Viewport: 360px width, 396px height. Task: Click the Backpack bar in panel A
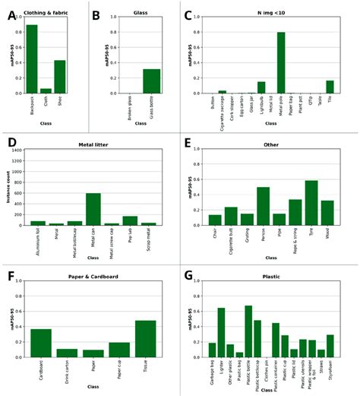[32, 59]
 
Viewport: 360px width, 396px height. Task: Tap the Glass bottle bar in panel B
[152, 81]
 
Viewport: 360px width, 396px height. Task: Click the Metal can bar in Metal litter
[93, 209]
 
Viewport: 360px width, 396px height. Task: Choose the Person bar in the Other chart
[263, 206]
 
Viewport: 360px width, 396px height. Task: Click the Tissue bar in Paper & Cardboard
[146, 339]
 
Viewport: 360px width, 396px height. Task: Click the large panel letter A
[11, 14]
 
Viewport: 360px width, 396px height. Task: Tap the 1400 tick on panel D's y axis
[17, 150]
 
